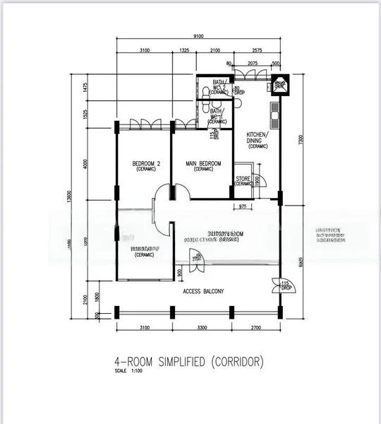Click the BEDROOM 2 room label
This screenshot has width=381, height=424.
click(x=147, y=167)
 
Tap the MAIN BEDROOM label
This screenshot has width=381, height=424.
click(x=203, y=166)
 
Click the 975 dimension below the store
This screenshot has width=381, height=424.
click(x=243, y=207)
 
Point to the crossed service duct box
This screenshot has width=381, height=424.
click(x=279, y=84)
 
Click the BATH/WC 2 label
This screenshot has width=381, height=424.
click(x=219, y=87)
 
